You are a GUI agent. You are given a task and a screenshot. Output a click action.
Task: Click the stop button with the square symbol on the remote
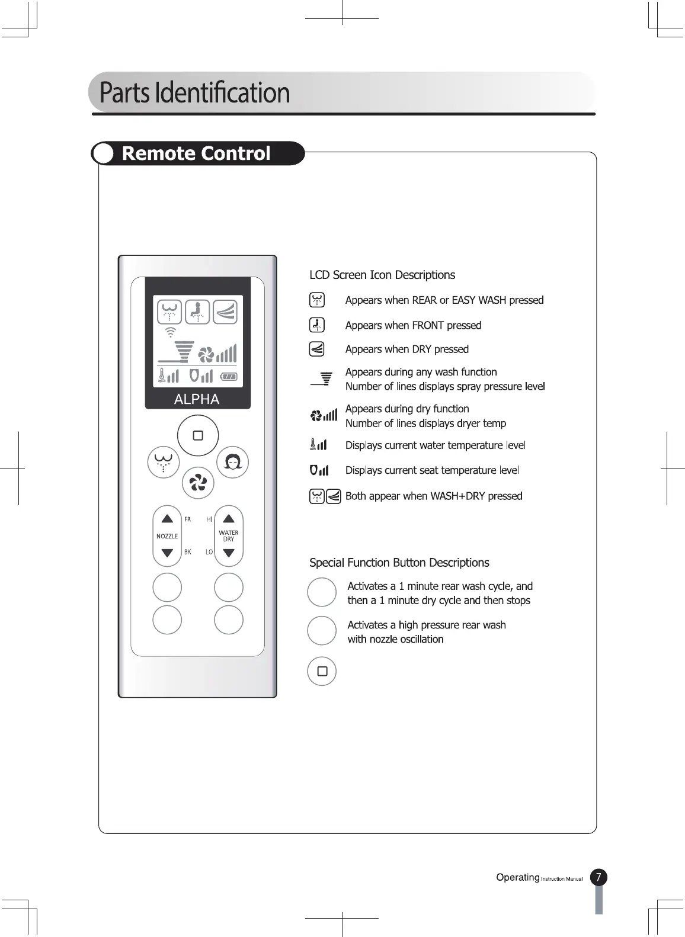click(x=198, y=435)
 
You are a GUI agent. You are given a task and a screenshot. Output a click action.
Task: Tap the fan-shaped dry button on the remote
click(x=197, y=484)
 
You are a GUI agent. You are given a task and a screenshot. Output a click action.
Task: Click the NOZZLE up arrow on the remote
click(x=167, y=519)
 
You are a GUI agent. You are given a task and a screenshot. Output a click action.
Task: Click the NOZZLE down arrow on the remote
click(x=167, y=553)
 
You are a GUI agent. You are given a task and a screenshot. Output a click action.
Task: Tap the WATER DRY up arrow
click(x=229, y=519)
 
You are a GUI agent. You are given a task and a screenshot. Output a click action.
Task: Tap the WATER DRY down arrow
click(x=229, y=553)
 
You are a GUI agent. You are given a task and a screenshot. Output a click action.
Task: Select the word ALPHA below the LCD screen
click(x=197, y=399)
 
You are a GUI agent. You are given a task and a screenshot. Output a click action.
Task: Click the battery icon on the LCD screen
click(x=229, y=376)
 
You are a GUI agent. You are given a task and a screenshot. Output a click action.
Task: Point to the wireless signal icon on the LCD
click(x=171, y=332)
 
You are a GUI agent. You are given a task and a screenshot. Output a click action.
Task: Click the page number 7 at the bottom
click(x=598, y=877)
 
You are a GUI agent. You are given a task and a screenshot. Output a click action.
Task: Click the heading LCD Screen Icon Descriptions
click(x=382, y=275)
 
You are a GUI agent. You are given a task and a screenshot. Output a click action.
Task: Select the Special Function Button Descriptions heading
click(x=399, y=563)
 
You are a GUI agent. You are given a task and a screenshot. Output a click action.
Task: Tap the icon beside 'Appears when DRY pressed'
click(x=317, y=349)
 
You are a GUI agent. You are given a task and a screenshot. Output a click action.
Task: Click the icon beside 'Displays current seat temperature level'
click(x=319, y=470)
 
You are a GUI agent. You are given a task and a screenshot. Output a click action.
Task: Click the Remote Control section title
click(x=196, y=153)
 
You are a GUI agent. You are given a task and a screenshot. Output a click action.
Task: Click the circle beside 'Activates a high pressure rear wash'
click(x=322, y=631)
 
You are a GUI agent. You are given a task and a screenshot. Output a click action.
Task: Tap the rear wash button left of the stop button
click(x=163, y=462)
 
